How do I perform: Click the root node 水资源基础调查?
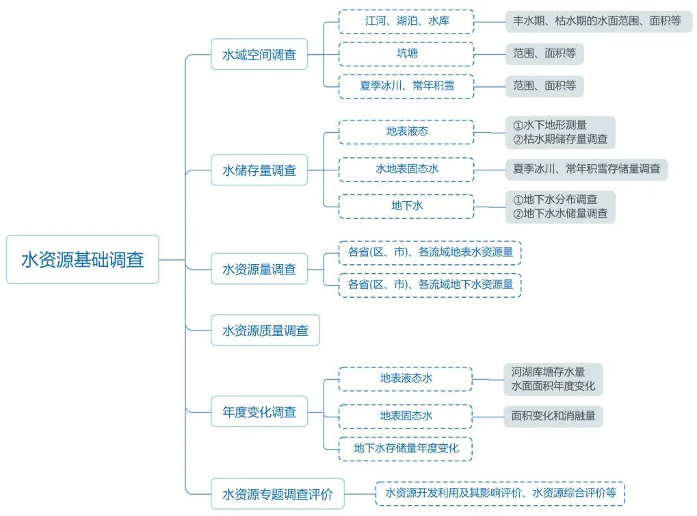tap(82, 259)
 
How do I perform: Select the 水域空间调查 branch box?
tap(259, 54)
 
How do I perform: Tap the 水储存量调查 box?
tap(259, 170)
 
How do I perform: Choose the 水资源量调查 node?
tap(259, 269)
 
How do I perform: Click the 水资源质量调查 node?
tap(265, 331)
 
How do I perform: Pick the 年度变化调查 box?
tap(259, 412)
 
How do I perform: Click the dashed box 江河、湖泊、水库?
tap(406, 21)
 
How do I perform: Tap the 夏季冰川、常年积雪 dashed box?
tap(406, 86)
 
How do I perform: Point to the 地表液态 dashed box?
tap(406, 131)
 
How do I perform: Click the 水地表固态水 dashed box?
tap(406, 168)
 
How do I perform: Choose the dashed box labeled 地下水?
tap(406, 205)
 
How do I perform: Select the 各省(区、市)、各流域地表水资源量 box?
tap(430, 252)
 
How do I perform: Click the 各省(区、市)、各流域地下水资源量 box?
tap(430, 285)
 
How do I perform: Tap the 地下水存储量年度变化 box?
tap(406, 448)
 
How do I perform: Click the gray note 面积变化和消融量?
tap(553, 415)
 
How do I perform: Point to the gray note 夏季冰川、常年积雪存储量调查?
tap(586, 168)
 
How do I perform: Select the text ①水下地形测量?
tap(550, 125)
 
